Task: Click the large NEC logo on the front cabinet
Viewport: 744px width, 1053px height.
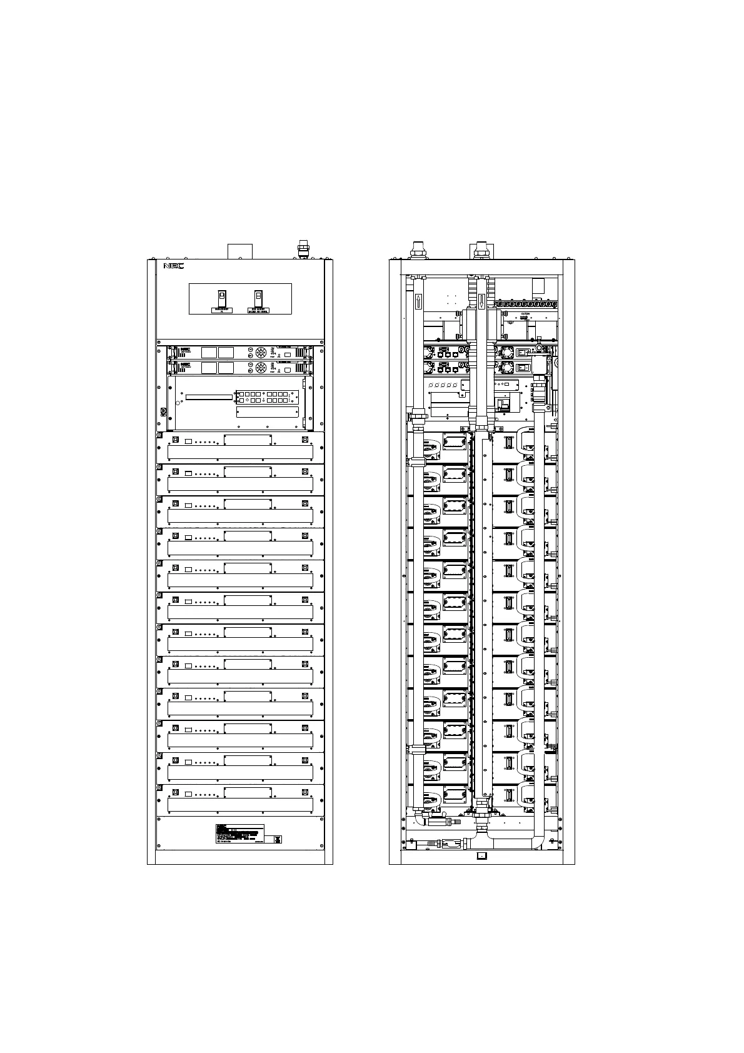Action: [173, 266]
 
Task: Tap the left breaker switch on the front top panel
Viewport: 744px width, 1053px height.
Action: [221, 297]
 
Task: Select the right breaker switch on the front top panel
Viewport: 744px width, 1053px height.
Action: [258, 297]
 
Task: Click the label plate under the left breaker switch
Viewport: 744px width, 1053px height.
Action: [222, 310]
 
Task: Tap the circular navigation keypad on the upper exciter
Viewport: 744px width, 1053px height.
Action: [261, 352]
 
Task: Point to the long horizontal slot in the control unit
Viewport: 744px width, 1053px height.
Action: [209, 396]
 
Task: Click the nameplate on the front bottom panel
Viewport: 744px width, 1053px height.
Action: [239, 834]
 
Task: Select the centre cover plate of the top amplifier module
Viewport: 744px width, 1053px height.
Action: [248, 440]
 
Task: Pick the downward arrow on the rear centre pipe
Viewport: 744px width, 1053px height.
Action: [481, 302]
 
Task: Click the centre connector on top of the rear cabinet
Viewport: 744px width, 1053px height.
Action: [481, 249]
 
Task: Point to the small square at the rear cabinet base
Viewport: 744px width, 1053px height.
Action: [481, 856]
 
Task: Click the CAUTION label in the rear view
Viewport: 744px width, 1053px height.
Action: [524, 315]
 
